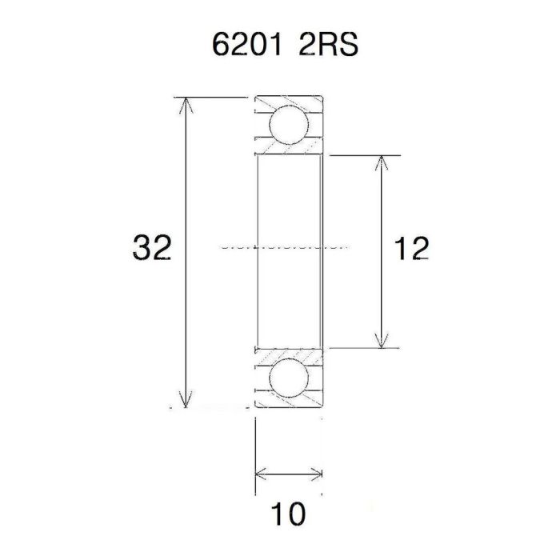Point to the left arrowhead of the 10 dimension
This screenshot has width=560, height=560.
[260, 475]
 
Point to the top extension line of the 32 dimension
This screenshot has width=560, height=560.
[216, 97]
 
